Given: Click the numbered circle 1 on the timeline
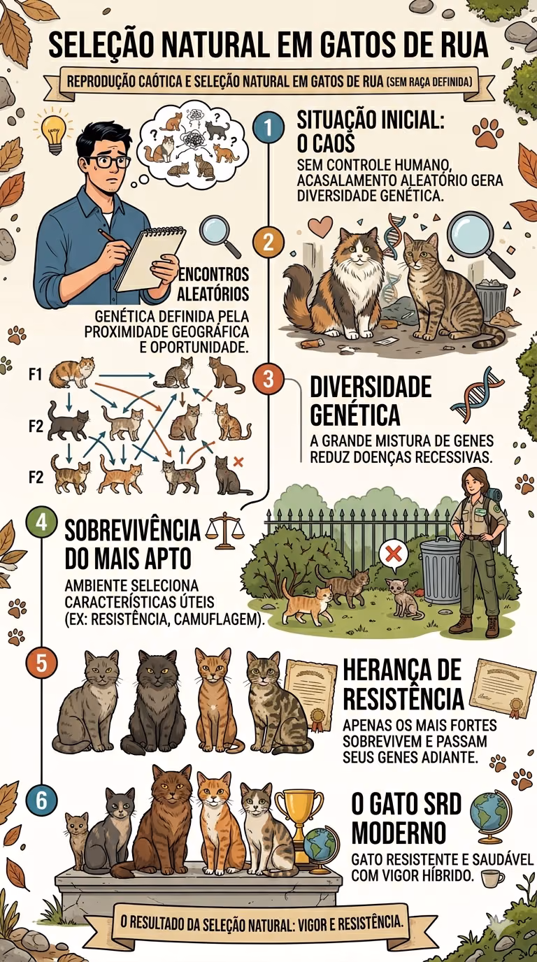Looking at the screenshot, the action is coord(268,128).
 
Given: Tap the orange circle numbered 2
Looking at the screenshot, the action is coord(268,242).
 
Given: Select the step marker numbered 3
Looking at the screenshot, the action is coord(268,379).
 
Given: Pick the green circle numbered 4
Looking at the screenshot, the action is coord(41,523).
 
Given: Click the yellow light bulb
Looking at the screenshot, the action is coord(53,130).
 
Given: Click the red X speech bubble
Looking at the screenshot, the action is coord(393,554).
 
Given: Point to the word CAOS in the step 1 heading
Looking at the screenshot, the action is coord(326,143).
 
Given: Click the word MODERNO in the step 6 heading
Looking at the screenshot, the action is coord(399,833).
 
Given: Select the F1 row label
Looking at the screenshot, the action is coord(36,375).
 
